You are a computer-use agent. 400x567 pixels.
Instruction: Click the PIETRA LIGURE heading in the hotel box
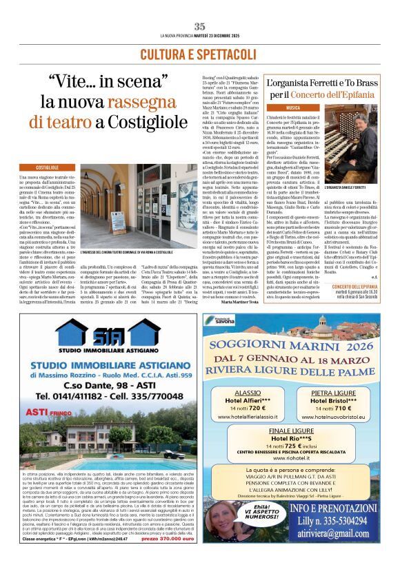334,392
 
